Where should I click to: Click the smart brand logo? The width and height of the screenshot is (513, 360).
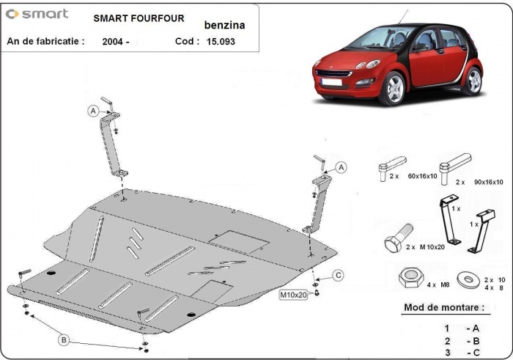[x=37, y=14]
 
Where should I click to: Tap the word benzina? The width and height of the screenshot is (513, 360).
[x=225, y=24]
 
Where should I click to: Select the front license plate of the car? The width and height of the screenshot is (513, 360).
[x=333, y=83]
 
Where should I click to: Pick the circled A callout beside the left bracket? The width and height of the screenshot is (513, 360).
[x=93, y=111]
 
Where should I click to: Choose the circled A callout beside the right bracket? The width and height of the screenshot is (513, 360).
[x=342, y=168]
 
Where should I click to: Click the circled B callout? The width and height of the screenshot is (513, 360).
[x=64, y=339]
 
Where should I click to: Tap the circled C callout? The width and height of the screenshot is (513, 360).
[x=339, y=275]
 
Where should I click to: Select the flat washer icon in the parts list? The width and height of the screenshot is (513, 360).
[x=465, y=280]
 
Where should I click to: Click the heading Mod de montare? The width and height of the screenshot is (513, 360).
[x=443, y=308]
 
